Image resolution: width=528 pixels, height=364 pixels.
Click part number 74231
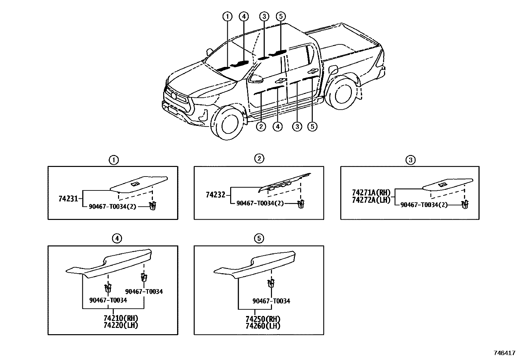68,199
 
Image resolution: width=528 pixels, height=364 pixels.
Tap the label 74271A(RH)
371,193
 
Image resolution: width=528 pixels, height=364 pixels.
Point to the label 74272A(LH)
371,200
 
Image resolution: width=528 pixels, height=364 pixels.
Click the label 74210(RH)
120,318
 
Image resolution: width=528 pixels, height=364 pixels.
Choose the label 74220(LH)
120,325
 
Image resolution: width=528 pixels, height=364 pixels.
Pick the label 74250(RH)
263,319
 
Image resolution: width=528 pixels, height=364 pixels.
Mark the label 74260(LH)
263,326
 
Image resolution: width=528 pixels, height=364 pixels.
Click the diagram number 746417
504,353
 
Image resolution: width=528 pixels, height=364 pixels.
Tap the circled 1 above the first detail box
114,160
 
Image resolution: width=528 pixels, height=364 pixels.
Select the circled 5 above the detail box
259,238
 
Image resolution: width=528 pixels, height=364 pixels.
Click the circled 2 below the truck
261,126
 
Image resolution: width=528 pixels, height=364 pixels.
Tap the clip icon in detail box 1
153,205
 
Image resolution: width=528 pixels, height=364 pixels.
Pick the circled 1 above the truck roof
227,16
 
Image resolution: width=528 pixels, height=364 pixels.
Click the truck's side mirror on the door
256,78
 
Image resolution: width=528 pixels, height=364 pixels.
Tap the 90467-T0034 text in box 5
271,301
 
